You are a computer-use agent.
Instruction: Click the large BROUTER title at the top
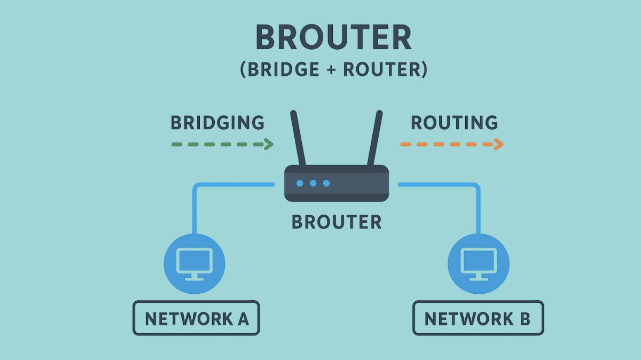click(334, 38)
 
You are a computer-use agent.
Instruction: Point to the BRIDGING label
click(217, 123)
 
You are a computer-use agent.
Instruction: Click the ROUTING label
click(454, 123)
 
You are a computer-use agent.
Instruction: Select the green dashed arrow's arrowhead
click(269, 144)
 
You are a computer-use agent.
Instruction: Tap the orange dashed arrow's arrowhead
click(498, 144)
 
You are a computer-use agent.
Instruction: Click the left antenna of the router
click(298, 138)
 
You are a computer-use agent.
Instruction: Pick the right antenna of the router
click(374, 138)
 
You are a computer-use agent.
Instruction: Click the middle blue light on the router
click(313, 183)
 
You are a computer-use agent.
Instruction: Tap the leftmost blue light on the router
click(300, 183)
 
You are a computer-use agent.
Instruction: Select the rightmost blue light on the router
click(326, 183)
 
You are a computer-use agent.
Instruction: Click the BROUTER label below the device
click(337, 222)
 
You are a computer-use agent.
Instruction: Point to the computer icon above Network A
click(194, 263)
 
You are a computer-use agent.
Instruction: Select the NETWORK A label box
click(196, 318)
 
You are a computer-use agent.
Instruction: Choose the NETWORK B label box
click(478, 318)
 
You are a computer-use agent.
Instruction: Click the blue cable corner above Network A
click(196, 186)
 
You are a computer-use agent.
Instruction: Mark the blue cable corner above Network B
click(477, 186)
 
